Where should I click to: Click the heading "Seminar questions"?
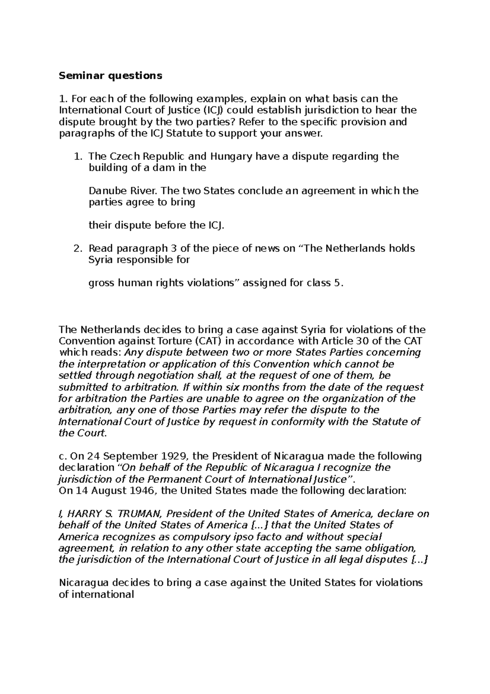111,76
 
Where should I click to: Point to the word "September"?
118,456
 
